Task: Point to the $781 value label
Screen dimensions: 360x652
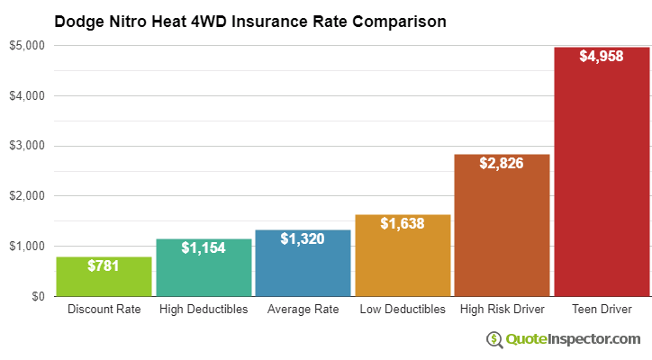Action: [104, 266]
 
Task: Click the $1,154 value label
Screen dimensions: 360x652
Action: [204, 247]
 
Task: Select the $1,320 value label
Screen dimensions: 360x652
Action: [303, 239]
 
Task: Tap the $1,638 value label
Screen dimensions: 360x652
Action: [403, 223]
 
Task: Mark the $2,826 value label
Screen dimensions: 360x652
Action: [502, 164]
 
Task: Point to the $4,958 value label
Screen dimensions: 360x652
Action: [602, 57]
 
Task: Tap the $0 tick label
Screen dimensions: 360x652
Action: [38, 296]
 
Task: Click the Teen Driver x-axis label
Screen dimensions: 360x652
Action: [602, 310]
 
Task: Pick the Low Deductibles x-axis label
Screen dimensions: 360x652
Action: [403, 310]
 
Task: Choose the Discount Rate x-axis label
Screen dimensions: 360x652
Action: [104, 310]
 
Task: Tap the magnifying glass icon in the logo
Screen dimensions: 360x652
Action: [494, 339]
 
